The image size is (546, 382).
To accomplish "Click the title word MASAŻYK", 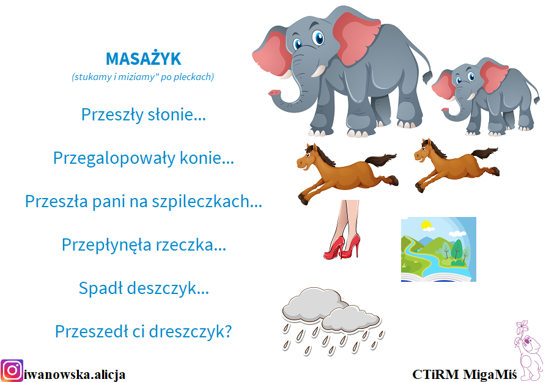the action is tap(144, 59).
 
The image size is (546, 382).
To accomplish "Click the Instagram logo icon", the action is tap(12, 370).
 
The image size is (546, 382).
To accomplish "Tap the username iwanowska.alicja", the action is tap(75, 375).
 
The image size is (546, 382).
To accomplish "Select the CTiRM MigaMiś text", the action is tap(464, 374).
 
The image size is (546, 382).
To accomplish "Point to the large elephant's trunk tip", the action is tap(274, 93).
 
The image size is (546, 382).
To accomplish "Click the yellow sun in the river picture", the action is tap(426, 224).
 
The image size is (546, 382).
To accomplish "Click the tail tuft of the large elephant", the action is tap(427, 76).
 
